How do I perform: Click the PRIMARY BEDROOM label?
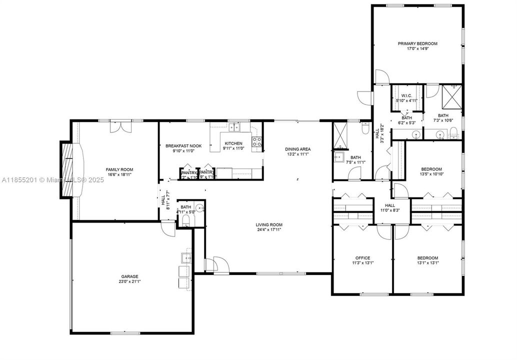(x=417, y=43)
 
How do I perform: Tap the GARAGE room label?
(x=129, y=276)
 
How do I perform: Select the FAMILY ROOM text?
(x=119, y=169)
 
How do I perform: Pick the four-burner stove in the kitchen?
(x=257, y=141)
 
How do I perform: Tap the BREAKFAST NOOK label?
(x=183, y=145)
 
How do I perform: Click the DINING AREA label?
(x=298, y=149)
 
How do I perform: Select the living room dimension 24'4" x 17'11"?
(x=269, y=230)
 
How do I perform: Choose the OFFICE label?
(x=362, y=258)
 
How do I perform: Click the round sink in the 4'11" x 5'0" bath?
(x=199, y=208)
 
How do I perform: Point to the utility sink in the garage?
(x=185, y=258)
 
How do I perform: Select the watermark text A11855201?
(x=20, y=179)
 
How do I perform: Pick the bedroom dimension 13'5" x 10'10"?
(x=431, y=174)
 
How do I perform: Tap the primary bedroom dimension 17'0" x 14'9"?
(x=417, y=49)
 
